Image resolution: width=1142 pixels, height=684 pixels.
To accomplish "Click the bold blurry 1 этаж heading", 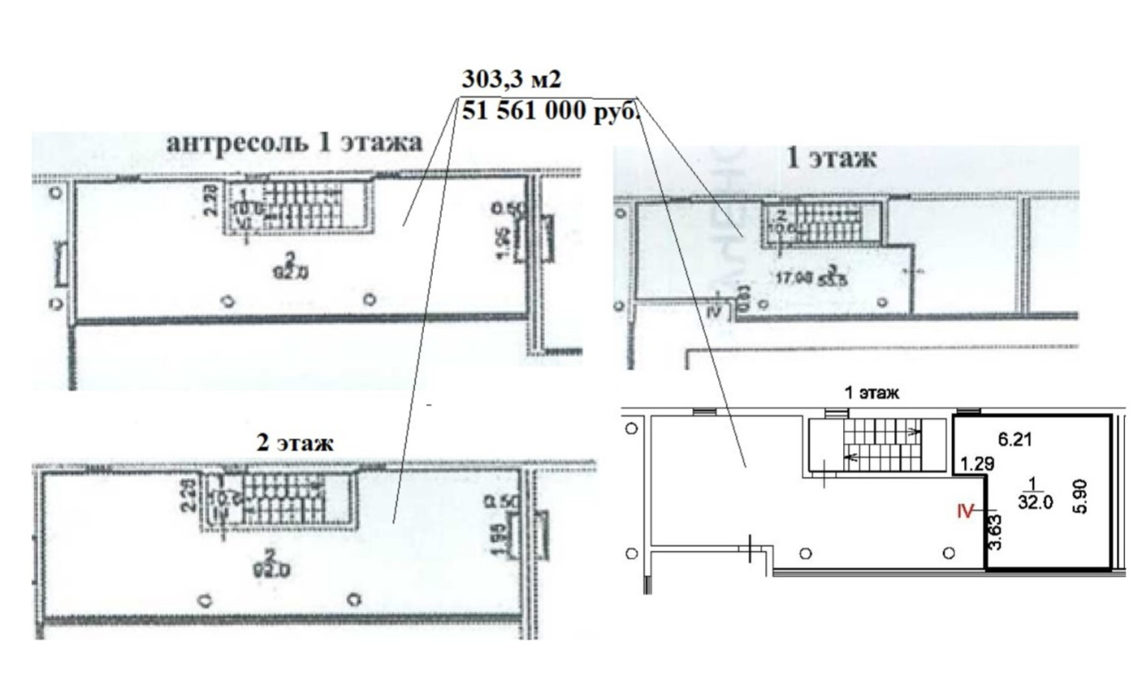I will pos(830,160).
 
